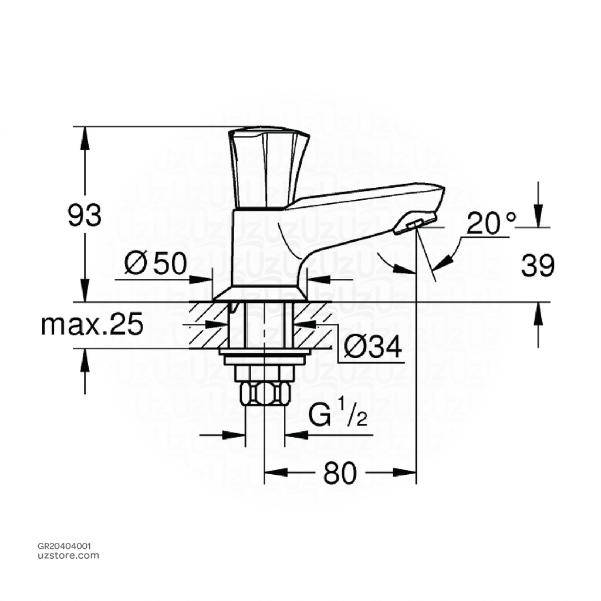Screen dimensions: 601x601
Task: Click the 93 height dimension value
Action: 85,216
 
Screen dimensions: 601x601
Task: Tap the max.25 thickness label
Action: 92,325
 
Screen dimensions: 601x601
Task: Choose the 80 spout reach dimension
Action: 340,473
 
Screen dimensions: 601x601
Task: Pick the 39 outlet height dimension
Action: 537,266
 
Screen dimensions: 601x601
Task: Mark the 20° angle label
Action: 491,224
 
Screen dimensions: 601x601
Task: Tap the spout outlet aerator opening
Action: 415,222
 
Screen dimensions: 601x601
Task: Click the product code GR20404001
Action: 64,545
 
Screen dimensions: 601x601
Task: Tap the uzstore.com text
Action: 68,555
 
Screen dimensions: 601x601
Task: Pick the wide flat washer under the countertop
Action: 264,352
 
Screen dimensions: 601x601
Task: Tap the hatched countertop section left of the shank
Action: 209,325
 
